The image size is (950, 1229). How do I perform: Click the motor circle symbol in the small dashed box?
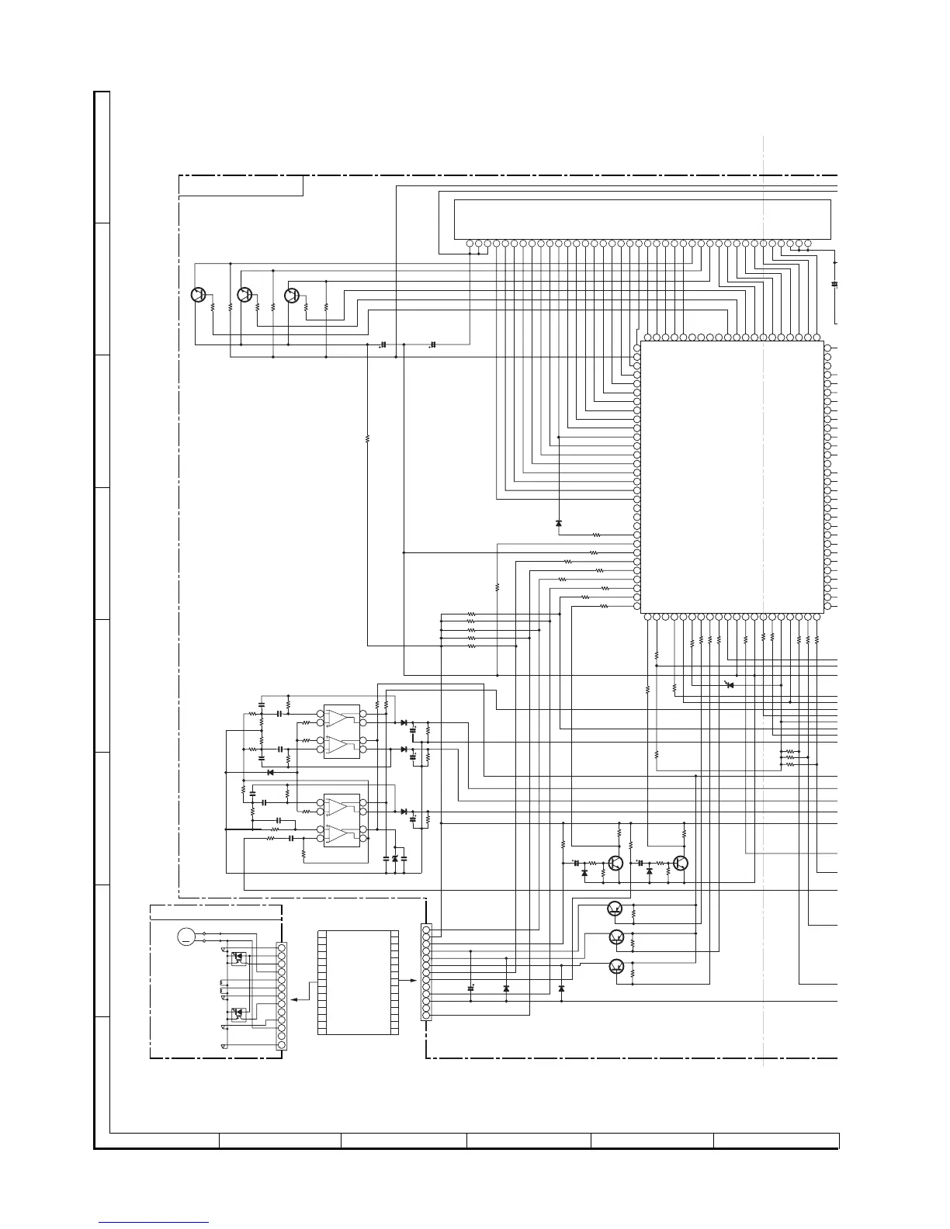(186, 936)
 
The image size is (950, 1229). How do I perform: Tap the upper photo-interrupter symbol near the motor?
(239, 957)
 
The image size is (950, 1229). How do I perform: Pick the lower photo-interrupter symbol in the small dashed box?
(239, 1013)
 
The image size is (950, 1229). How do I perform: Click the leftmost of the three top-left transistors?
(198, 295)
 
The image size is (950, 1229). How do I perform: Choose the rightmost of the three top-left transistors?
(292, 295)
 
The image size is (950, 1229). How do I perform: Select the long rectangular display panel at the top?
(642, 219)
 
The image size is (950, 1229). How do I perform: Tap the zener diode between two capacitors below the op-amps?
(395, 859)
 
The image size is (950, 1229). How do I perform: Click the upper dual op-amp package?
(342, 731)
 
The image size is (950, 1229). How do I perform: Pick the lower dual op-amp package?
(342, 819)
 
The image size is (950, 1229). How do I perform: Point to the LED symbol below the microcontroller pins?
(729, 684)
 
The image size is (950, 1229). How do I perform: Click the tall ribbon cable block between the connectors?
(358, 981)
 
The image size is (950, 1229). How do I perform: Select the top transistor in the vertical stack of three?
(615, 909)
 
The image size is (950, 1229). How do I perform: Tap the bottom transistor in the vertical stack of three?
(615, 966)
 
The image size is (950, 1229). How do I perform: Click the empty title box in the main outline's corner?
(241, 185)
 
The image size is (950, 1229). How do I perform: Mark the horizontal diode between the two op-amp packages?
(270, 772)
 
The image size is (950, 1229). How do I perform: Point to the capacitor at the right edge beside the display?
(834, 284)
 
